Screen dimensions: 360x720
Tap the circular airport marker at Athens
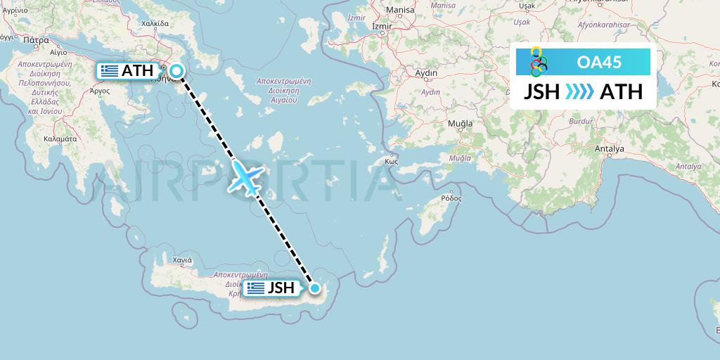(176, 70)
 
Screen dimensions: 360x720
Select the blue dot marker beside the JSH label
(315, 288)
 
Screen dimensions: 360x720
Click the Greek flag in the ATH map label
(109, 70)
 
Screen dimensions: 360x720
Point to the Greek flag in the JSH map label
(256, 288)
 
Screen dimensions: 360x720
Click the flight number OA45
(599, 62)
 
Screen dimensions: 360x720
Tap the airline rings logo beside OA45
(538, 61)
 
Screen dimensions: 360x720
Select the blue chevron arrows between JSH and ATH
(579, 92)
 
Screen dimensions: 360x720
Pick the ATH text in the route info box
(621, 92)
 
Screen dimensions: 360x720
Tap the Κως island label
(392, 160)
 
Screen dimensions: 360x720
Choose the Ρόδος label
(451, 198)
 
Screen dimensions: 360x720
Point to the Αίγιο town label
(58, 52)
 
